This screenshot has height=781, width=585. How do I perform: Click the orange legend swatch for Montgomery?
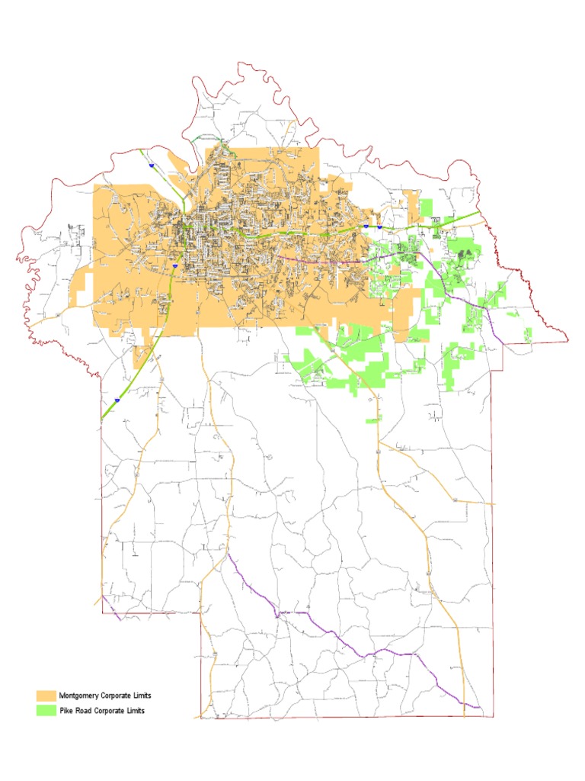(46, 696)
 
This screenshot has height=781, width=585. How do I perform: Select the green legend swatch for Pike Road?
(46, 710)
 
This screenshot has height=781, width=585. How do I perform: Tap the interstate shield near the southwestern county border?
(117, 399)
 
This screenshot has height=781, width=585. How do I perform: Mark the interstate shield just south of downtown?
(175, 265)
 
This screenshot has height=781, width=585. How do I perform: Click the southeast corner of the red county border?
(493, 717)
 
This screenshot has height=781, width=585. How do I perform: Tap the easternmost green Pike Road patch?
(528, 333)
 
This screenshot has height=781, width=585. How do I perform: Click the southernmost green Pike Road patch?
(373, 420)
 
